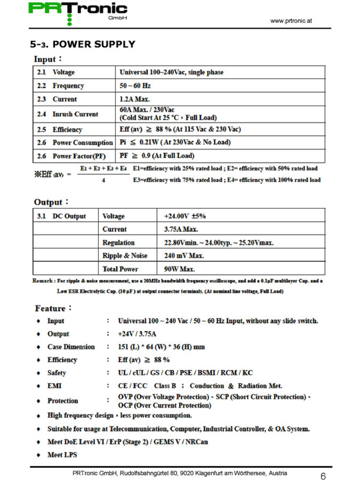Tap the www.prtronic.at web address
[x=291, y=21]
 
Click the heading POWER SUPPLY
[x=94, y=44]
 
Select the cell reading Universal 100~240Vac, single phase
[x=171, y=72]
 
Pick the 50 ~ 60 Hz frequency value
[x=135, y=86]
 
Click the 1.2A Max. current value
[x=134, y=99]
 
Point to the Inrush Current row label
[x=75, y=114]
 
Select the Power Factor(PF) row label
[x=79, y=156]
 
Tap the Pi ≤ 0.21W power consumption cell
[x=175, y=142]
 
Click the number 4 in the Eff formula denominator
[x=103, y=180]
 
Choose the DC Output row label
[x=69, y=216]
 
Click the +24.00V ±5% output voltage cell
[x=185, y=216]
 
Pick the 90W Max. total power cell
[x=179, y=269]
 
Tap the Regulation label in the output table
[x=118, y=242]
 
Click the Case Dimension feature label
[x=71, y=347]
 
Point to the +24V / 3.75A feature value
[x=137, y=334]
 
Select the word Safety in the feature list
[x=57, y=373]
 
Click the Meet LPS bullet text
[x=62, y=455]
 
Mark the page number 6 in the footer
[x=323, y=476]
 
